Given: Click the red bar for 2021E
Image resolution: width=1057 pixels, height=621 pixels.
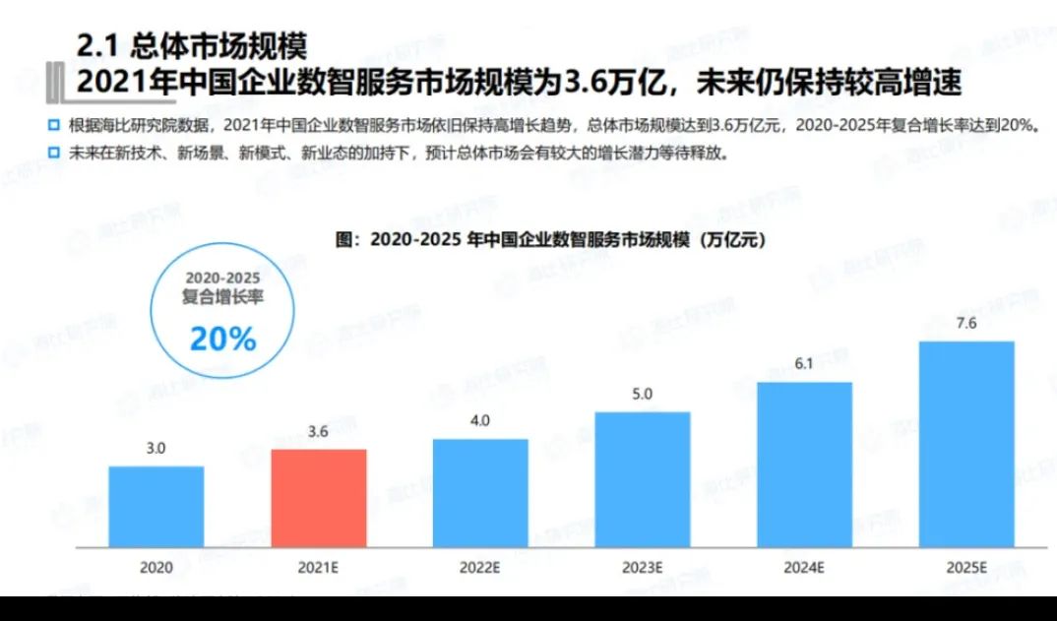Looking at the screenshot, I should pos(319,498).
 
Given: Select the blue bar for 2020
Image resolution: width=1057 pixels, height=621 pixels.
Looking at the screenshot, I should pos(156,506).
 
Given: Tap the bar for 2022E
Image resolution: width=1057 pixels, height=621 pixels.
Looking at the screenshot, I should pos(480,492).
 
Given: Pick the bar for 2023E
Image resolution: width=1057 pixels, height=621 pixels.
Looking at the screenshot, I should pos(643,479).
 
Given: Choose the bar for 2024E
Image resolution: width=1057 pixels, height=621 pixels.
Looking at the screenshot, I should pos(804,464).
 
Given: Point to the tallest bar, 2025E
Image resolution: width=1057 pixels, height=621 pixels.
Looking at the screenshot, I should pos(966,444).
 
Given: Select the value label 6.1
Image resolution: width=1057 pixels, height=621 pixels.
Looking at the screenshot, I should pos(804,365).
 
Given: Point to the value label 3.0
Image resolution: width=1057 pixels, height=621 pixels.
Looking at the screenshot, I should pos(156,449).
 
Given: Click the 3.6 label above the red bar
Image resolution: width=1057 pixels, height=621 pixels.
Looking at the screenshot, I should pos(319,432).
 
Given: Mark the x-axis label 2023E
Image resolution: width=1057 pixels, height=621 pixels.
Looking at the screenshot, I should pos(643,568).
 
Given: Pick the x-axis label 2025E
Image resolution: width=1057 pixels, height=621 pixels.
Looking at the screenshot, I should pos(966,568).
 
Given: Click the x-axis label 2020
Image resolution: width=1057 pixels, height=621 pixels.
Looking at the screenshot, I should pos(156,568).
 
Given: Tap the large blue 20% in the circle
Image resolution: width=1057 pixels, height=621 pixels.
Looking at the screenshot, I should pos(222,340).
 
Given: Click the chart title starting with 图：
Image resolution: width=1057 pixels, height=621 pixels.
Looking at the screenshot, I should pos(550,239).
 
